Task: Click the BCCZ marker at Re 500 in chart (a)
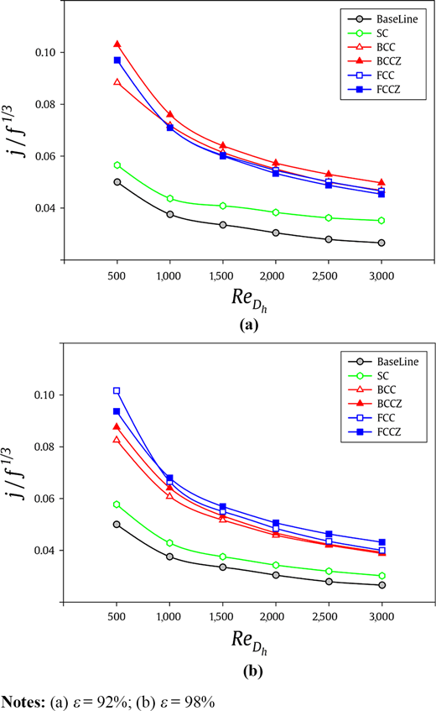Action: [117, 44]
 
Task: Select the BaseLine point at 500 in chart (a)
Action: [117, 182]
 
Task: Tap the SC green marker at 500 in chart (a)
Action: [117, 165]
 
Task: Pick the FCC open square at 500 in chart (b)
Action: [117, 390]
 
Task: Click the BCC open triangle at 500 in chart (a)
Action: [117, 82]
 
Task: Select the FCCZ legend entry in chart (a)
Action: [374, 89]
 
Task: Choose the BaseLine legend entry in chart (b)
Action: [383, 362]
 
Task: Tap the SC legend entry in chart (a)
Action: [368, 33]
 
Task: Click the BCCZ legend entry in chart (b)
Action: [375, 404]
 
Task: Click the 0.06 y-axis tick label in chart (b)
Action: [44, 499]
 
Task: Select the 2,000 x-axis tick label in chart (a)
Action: [272, 275]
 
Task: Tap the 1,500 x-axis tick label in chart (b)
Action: [221, 617]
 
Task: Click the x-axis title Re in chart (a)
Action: [249, 300]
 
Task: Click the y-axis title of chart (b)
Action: [16, 473]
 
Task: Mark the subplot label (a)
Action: [249, 325]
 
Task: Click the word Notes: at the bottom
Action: [23, 702]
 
